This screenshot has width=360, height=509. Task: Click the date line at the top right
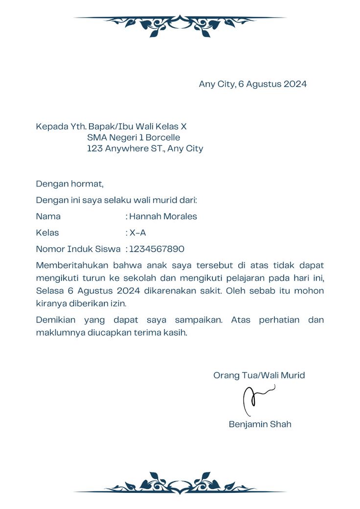point(252,84)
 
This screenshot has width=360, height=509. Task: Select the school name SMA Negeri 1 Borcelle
point(134,138)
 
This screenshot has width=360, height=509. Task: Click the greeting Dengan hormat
point(69,184)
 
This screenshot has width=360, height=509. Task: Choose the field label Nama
point(48,216)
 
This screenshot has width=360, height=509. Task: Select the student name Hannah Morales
point(163,216)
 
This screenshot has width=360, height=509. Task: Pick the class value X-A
point(137,232)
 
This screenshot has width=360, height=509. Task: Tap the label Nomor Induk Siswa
point(78,249)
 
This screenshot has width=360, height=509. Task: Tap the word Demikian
point(55,320)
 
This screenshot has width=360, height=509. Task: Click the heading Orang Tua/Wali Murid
point(259,375)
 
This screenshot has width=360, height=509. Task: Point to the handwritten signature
point(257,398)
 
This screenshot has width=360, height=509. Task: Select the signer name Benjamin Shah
point(260,424)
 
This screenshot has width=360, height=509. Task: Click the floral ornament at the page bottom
point(180,483)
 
